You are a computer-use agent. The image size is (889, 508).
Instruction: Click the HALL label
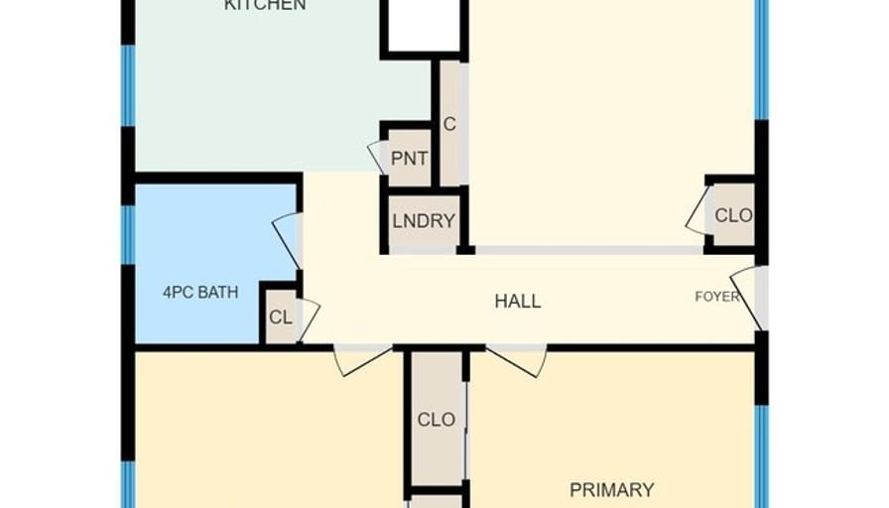[x=518, y=301]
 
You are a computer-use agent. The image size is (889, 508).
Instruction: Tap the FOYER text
[x=717, y=297]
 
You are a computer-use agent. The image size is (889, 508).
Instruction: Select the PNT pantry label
[x=410, y=159]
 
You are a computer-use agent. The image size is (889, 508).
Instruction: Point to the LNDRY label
[x=424, y=220]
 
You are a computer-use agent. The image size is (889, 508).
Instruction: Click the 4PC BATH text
[x=200, y=293]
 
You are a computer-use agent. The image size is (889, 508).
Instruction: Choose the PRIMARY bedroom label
[x=612, y=490]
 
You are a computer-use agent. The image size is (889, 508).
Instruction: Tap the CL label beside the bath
[x=281, y=317]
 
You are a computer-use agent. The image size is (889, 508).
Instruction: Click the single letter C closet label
[x=449, y=124]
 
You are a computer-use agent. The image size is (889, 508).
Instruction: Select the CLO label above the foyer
[x=733, y=215]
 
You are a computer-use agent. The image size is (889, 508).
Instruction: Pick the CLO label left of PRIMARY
[x=436, y=420]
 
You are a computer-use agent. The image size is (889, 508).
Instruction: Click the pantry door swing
[x=376, y=156]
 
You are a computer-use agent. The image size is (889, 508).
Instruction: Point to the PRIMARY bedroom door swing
[x=517, y=360]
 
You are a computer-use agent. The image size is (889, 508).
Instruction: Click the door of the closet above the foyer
[x=697, y=209]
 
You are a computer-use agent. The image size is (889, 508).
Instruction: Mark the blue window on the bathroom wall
[x=129, y=235]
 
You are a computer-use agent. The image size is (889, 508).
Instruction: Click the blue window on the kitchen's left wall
[x=129, y=85]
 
